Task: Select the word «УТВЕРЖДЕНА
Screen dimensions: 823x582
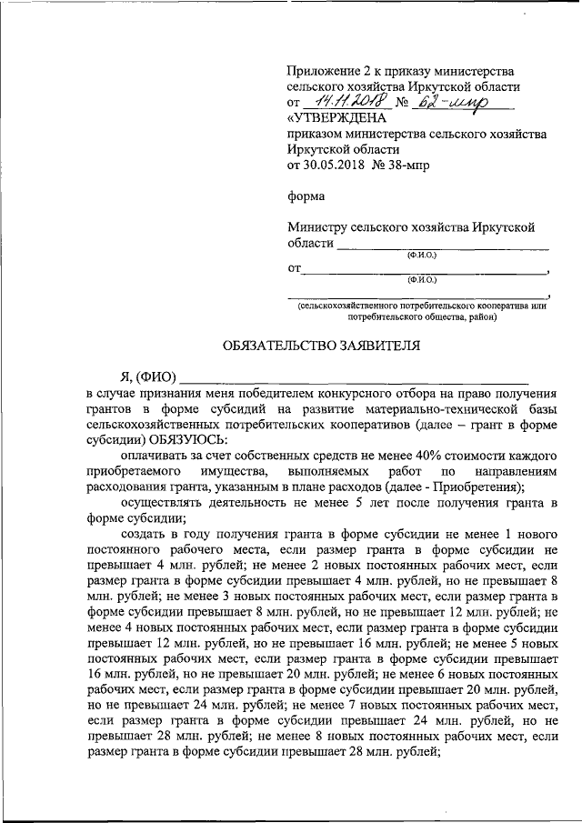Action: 336,118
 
